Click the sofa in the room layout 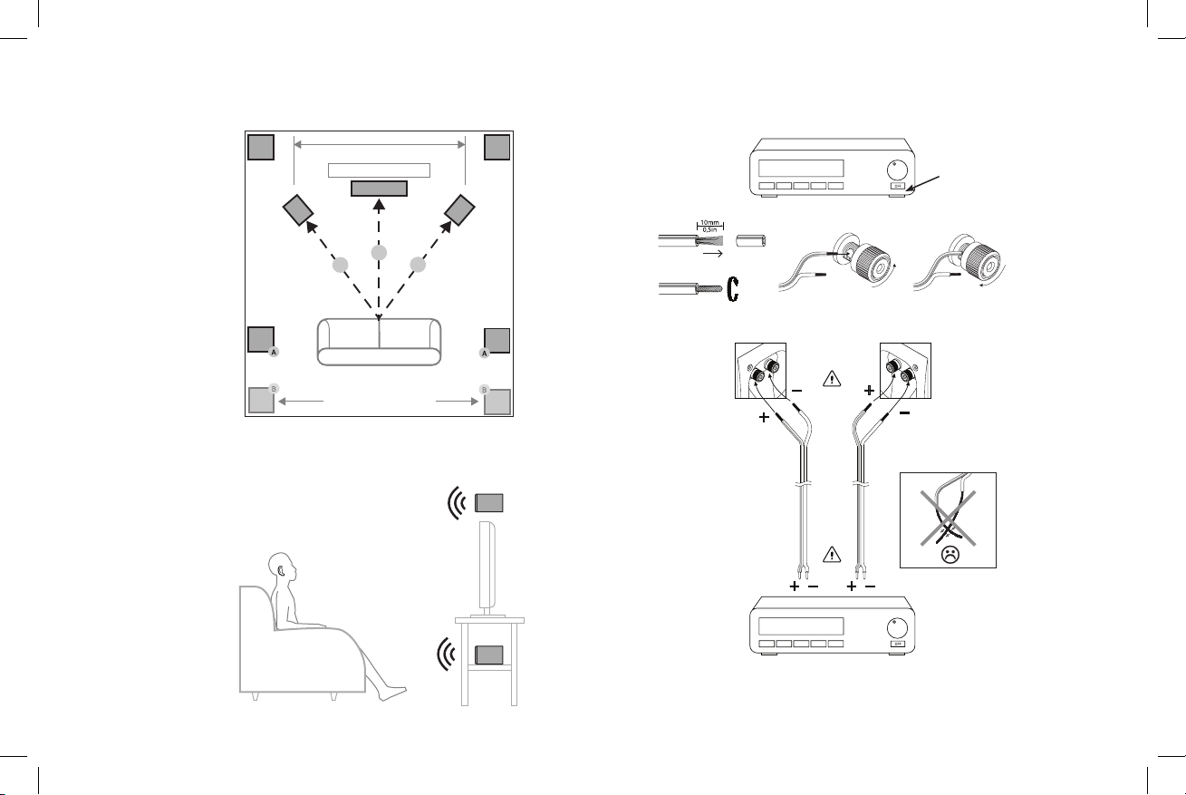point(379,342)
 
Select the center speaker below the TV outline point(379,188)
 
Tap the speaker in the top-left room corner point(261,146)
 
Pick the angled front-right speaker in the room point(460,210)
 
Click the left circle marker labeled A point(274,352)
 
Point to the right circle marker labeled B point(484,389)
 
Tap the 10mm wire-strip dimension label point(709,220)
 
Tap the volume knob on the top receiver point(896,169)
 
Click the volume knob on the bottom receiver point(896,625)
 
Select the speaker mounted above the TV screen point(489,503)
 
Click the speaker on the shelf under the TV point(489,655)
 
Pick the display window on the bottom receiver point(800,625)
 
